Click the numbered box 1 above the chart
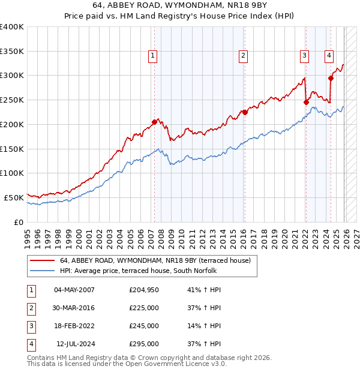(153, 56)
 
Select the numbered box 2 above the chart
(244, 56)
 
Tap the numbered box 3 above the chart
(305, 56)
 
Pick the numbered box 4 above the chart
(329, 56)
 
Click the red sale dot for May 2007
(154, 122)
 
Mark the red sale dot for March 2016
(245, 112)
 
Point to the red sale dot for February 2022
(306, 102)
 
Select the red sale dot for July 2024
(331, 77)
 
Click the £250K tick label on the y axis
(12, 100)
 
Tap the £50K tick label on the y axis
(14, 197)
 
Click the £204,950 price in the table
(144, 290)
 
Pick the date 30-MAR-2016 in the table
(74, 308)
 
